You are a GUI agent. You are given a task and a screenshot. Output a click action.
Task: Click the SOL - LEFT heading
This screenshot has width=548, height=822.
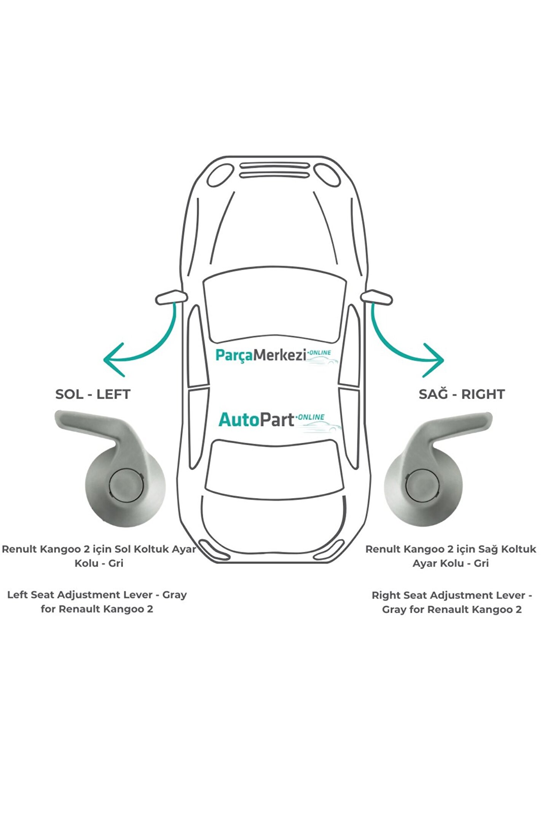pos(93,394)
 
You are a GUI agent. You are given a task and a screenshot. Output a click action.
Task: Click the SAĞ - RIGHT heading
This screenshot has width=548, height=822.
pos(462,394)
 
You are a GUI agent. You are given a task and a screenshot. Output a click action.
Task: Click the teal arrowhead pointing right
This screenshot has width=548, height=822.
pos(435,360)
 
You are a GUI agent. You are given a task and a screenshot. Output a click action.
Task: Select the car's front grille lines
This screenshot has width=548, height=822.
pos(274,170)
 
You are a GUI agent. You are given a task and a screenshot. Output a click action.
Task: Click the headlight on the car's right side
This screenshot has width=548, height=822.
pos(328,175)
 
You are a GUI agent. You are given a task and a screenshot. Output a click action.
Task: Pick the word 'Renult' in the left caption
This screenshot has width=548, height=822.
pos(19,549)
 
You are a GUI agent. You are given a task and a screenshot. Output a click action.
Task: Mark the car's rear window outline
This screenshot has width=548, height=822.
pos(274,469)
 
